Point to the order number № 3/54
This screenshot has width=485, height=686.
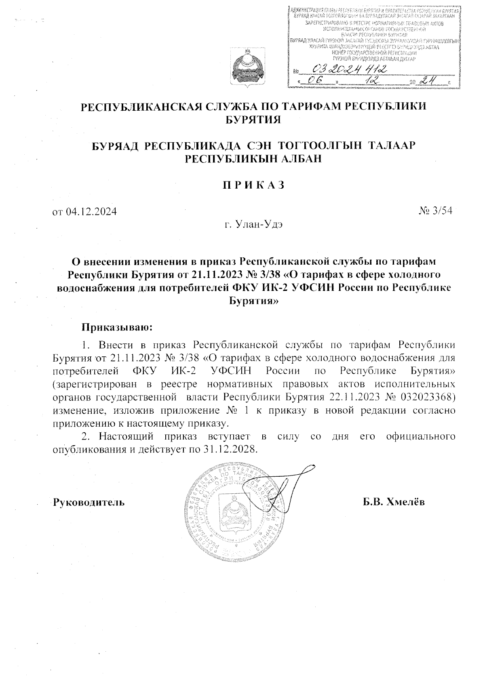[x=435, y=211]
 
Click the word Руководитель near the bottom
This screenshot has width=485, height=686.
[x=89, y=502]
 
